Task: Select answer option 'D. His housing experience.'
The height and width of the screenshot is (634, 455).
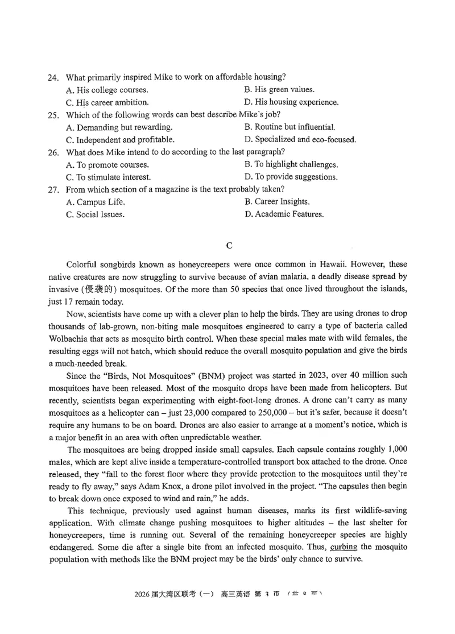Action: (x=291, y=102)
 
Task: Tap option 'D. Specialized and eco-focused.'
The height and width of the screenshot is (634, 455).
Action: (x=300, y=139)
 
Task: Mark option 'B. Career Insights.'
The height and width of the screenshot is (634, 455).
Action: (x=277, y=202)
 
